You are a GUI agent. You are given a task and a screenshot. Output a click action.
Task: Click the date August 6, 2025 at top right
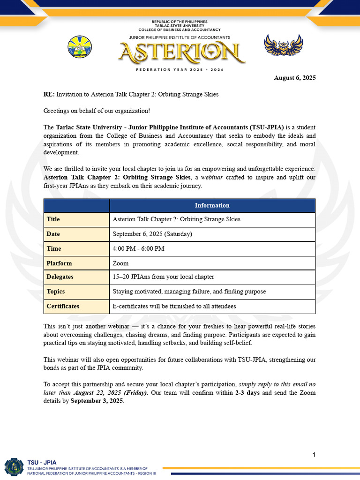pos(294,78)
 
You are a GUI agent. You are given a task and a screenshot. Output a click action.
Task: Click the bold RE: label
pos(49,94)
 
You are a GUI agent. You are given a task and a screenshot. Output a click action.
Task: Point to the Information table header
pos(212,205)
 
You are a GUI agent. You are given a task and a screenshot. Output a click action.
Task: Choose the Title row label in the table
pos(53,219)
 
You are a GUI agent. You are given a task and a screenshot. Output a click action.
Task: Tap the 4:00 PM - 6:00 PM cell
pos(138,248)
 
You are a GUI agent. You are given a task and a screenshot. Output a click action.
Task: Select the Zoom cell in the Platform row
pos(120,263)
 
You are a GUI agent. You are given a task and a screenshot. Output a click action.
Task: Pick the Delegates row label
pos(60,277)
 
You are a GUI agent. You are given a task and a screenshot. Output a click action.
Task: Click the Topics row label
pos(56,292)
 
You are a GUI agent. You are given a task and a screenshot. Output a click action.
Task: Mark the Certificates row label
pos(63,306)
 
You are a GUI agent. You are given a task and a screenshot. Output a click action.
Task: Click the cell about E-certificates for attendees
pos(174,306)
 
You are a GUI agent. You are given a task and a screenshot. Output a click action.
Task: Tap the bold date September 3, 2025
pos(97,401)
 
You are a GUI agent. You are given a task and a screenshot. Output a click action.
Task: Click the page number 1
pos(314,455)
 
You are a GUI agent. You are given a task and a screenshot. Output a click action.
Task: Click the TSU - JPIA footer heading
pos(40,462)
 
